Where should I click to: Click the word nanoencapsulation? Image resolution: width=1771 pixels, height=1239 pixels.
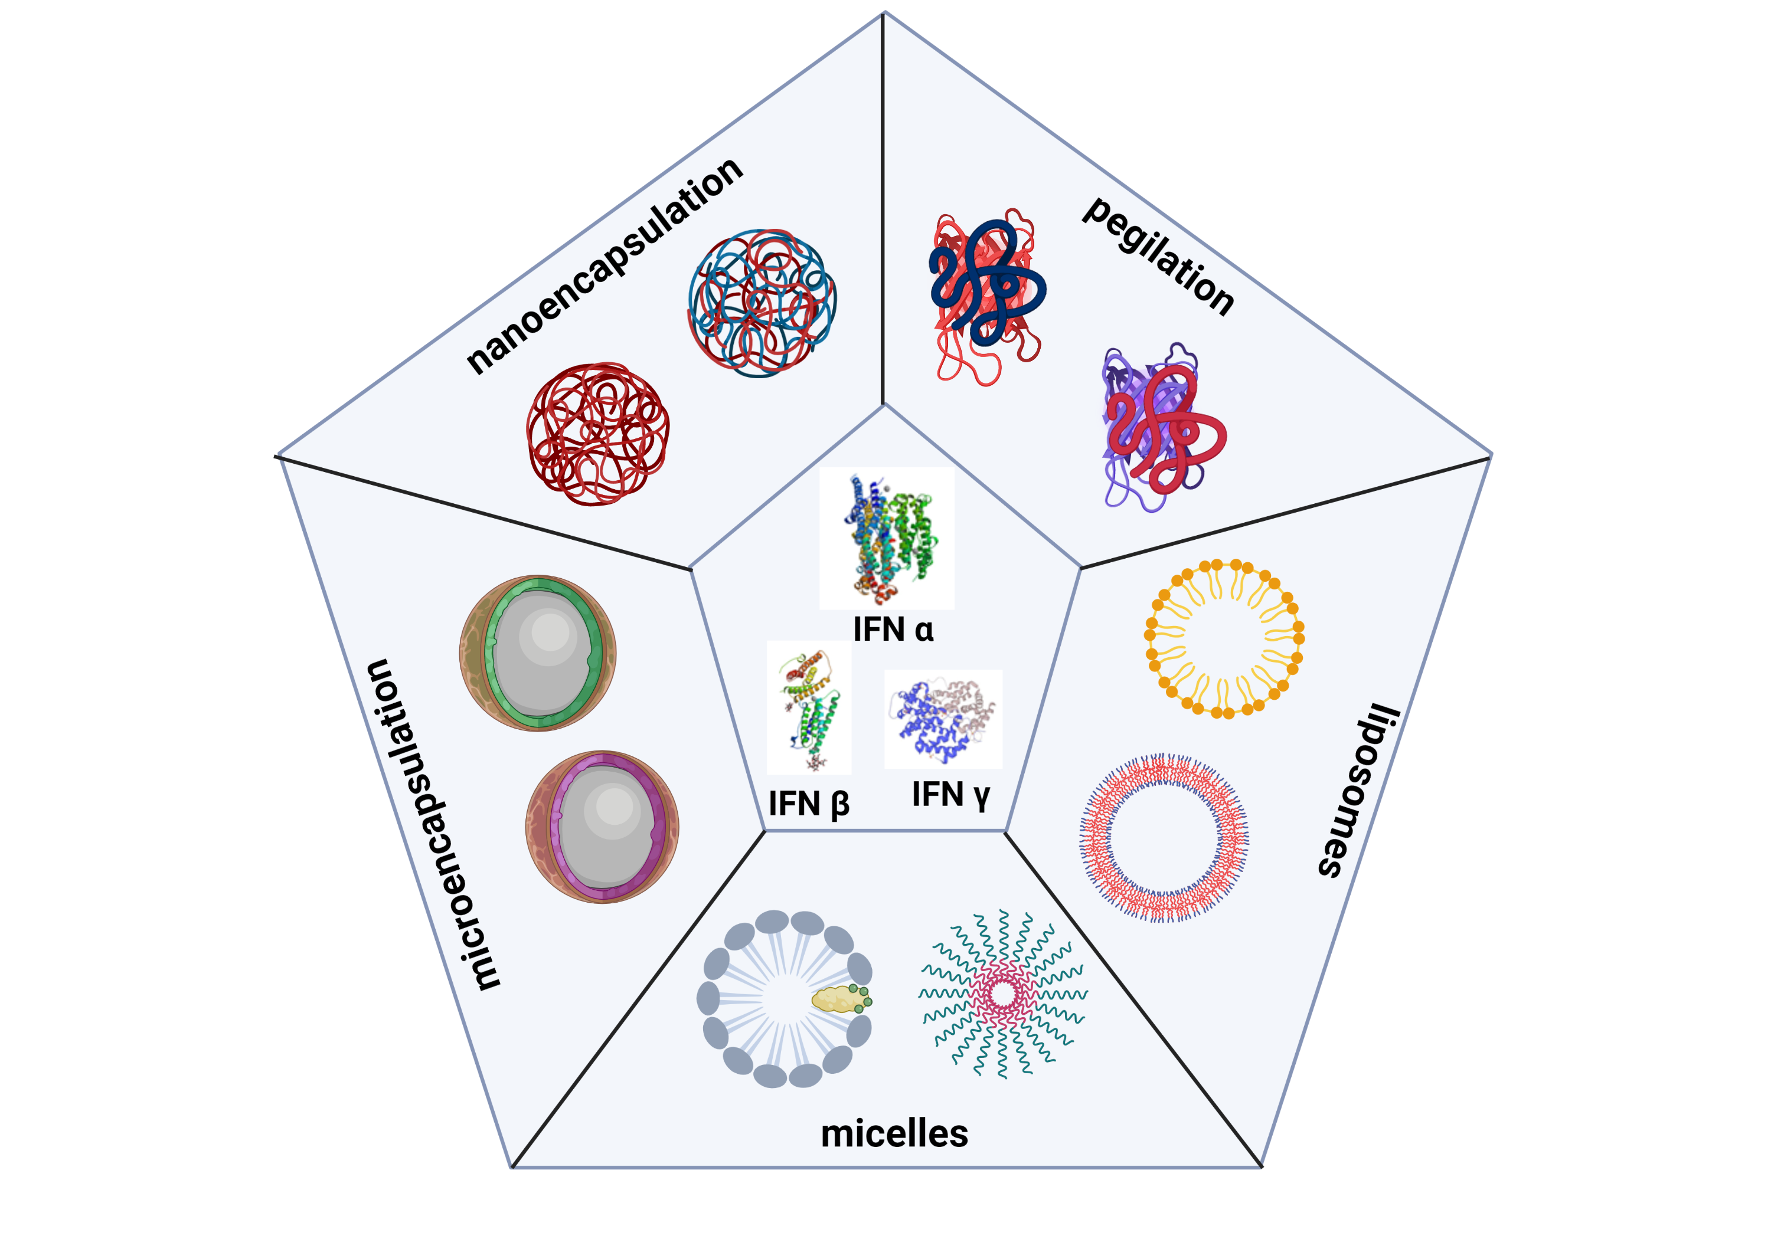604,266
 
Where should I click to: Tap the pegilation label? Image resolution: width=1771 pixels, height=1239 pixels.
1157,257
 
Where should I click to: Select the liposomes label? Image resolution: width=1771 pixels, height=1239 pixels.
1358,790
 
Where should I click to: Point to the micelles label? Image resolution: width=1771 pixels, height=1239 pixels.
894,1133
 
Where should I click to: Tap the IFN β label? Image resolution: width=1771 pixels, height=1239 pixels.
808,804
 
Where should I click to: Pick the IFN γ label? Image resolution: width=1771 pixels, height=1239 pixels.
950,795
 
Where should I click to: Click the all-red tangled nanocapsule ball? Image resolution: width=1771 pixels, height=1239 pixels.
598,434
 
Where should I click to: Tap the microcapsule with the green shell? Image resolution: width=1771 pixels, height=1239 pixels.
538,653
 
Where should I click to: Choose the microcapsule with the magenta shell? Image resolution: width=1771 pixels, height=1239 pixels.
602,827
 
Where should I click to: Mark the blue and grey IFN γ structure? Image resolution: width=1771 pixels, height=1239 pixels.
943,719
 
